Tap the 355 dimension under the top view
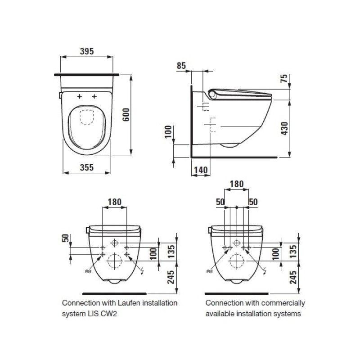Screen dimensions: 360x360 tap(86, 167)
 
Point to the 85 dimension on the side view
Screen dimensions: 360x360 tap(181, 66)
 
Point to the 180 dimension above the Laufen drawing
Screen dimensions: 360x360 tap(115, 203)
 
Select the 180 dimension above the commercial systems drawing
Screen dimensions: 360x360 tap(236, 184)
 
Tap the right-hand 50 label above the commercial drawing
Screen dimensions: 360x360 tap(253, 202)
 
